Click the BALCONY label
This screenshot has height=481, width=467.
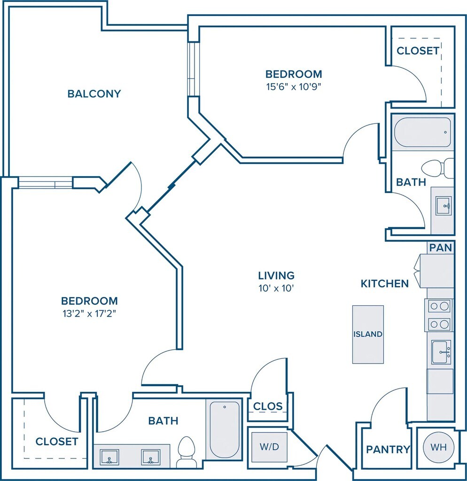(94, 93)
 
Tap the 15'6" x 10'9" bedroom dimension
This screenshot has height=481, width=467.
(294, 87)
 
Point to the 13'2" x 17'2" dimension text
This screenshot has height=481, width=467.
(89, 314)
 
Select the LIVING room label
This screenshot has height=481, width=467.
(276, 275)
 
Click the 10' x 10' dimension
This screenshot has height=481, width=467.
(276, 288)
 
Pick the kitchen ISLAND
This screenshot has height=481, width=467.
(368, 334)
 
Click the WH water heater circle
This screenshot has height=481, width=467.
(438, 447)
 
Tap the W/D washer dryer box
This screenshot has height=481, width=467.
(269, 447)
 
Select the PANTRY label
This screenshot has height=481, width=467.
(388, 450)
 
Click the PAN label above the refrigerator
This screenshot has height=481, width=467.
(441, 248)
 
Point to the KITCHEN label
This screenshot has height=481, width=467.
(384, 284)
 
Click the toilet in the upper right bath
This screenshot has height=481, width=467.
(437, 168)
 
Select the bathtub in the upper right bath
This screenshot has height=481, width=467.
(422, 132)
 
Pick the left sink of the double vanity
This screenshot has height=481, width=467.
(109, 457)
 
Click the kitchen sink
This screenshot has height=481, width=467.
(441, 352)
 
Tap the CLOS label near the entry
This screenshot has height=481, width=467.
(267, 406)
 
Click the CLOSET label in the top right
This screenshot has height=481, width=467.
(418, 51)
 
